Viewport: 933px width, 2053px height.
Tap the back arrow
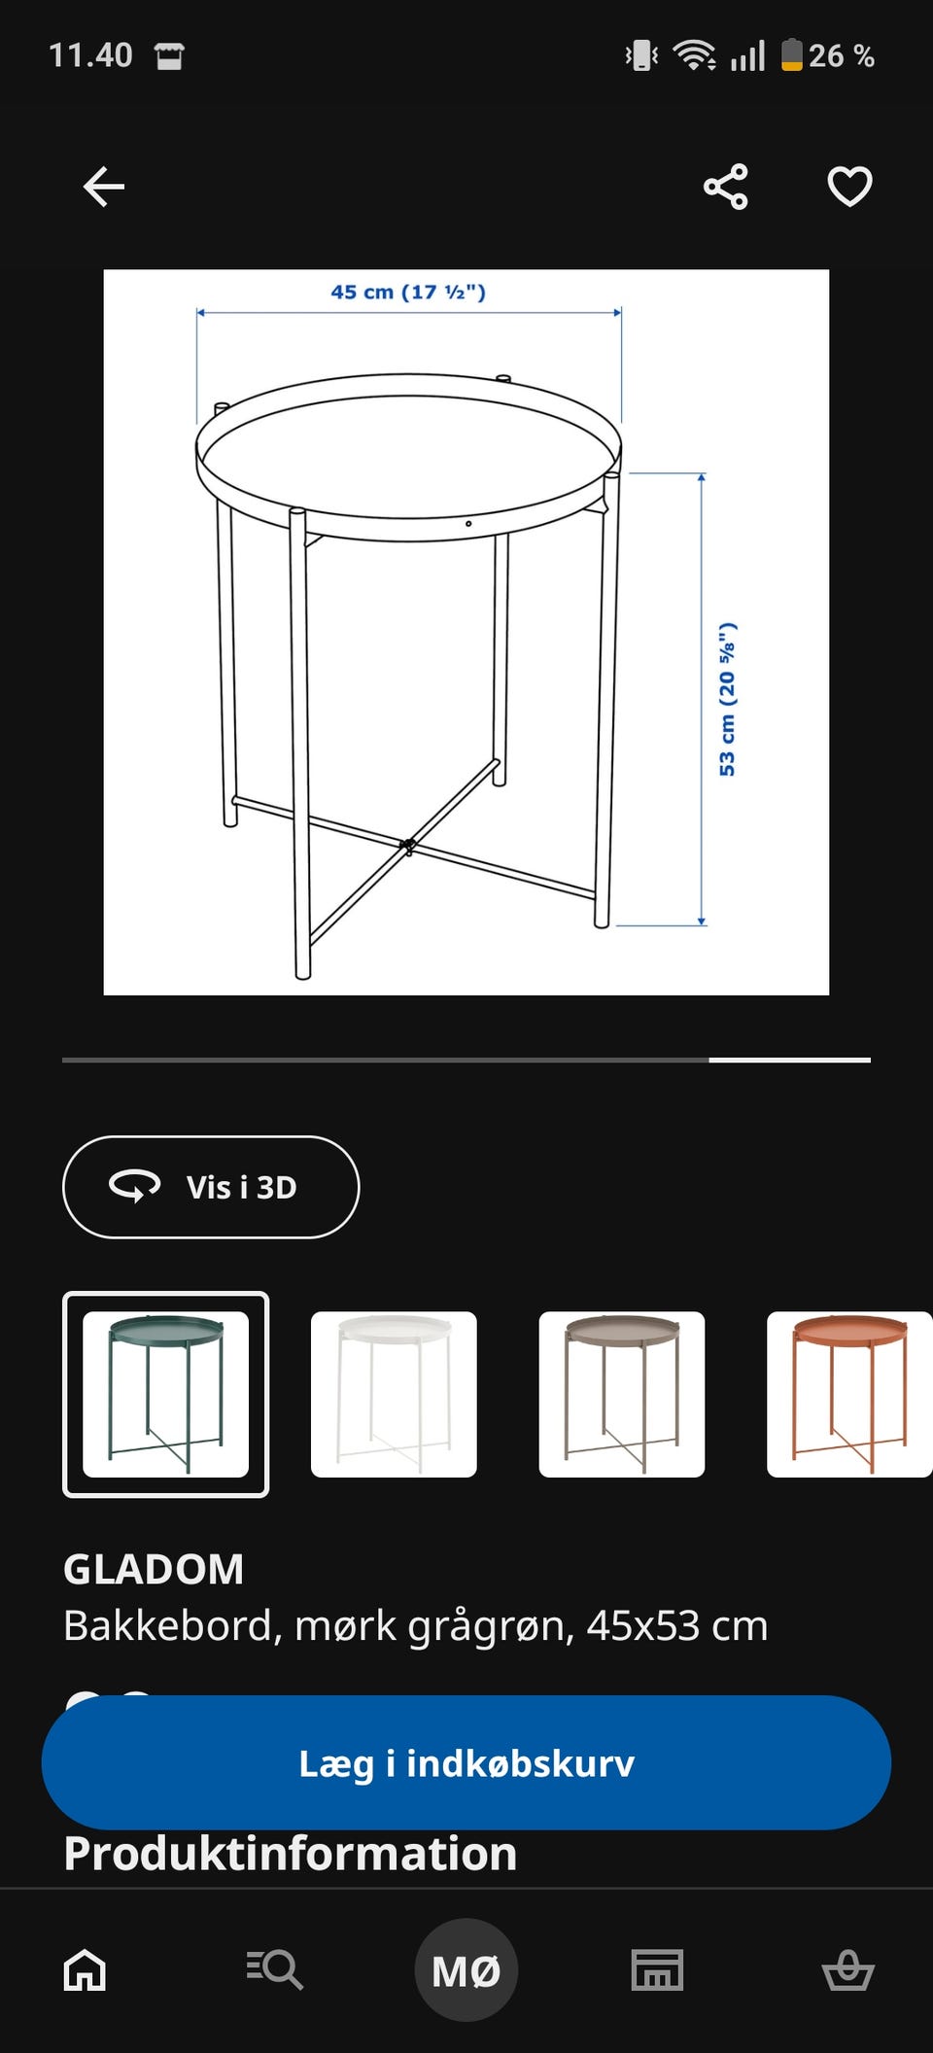(104, 187)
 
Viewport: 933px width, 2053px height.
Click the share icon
(726, 187)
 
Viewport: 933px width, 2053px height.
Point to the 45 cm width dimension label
(408, 292)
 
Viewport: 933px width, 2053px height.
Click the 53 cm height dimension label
(727, 699)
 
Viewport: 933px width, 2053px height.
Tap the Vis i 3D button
(211, 1187)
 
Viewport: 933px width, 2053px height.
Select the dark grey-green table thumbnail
(165, 1394)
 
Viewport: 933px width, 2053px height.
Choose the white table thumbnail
(394, 1394)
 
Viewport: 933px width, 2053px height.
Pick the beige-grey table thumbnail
(622, 1394)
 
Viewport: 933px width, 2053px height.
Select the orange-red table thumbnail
(849, 1394)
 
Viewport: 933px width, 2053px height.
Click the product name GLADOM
(154, 1569)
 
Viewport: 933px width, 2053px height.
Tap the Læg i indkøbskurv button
(466, 1762)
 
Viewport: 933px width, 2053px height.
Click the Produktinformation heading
(291, 1854)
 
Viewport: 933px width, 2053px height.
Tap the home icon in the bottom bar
(85, 1970)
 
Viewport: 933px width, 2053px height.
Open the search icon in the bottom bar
(274, 1970)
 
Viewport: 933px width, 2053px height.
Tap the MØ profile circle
(466, 1970)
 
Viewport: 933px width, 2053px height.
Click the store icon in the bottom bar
(658, 1970)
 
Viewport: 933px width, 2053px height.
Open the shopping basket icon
(847, 1970)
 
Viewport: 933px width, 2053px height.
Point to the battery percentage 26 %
(842, 56)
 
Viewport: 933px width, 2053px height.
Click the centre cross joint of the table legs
(408, 846)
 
